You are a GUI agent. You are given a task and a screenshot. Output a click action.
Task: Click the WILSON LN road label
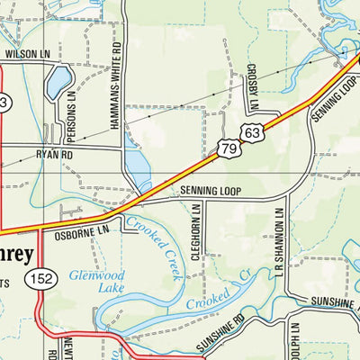[x=28, y=54]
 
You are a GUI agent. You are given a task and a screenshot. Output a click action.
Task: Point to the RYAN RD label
[x=53, y=155]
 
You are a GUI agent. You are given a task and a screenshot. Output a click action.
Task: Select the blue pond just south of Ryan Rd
[x=137, y=167]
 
